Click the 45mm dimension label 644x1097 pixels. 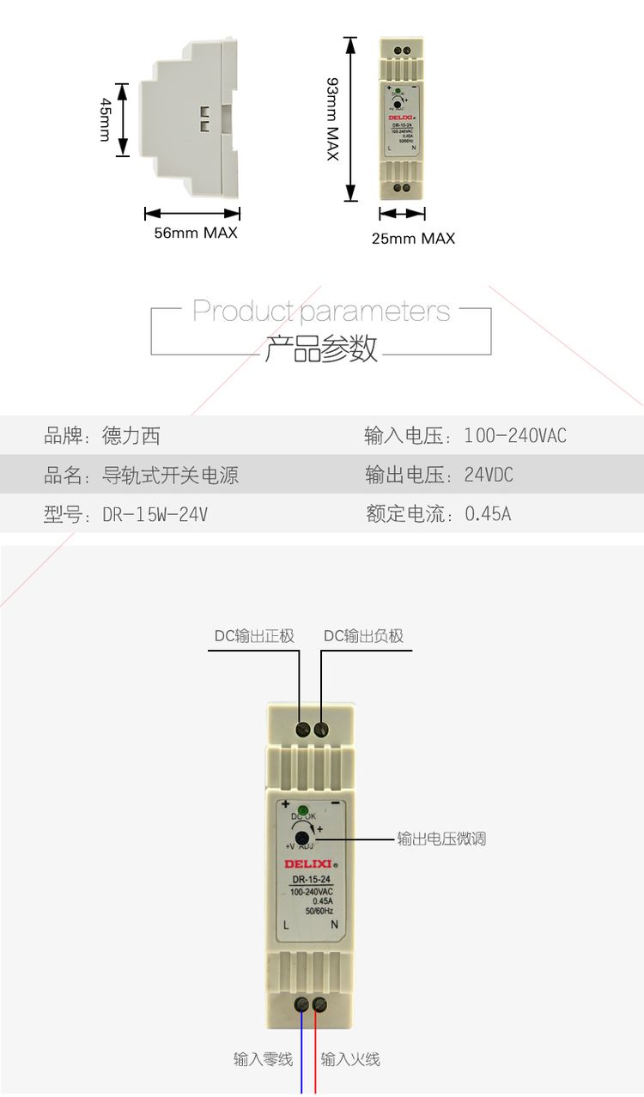click(106, 119)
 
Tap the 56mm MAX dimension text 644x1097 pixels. click(196, 233)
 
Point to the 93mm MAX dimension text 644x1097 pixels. click(332, 118)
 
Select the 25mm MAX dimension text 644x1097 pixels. click(413, 239)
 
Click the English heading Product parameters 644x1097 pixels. click(321, 311)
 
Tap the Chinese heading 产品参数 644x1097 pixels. click(321, 348)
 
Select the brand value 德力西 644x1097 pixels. click(131, 436)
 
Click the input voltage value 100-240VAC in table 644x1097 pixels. click(515, 436)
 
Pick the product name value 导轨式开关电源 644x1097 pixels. click(170, 475)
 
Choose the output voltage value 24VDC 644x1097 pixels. click(489, 475)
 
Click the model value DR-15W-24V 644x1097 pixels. click(155, 514)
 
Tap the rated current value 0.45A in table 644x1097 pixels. click(488, 514)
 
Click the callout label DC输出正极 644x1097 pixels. click(254, 636)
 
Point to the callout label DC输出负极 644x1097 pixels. click(363, 636)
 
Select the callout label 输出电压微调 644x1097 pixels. click(441, 839)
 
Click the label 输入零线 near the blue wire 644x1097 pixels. click(263, 1059)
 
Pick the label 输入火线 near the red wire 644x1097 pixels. click(350, 1059)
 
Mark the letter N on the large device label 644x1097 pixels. click(334, 924)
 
